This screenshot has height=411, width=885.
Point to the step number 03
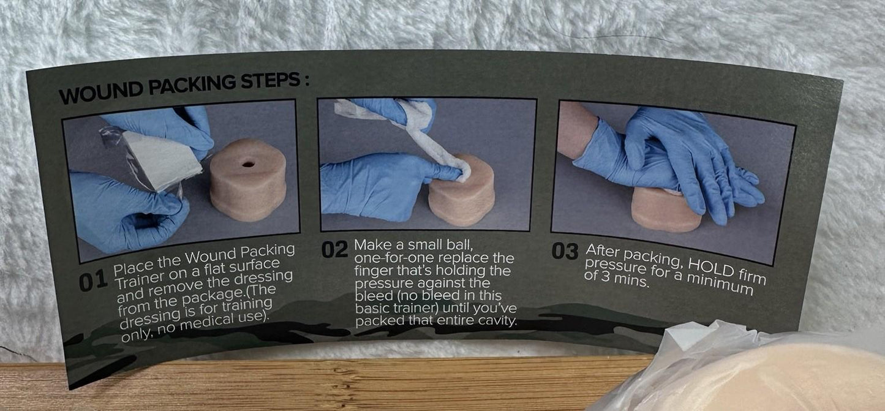(565, 251)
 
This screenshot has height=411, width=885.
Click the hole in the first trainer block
(248, 164)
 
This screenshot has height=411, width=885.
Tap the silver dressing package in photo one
(160, 157)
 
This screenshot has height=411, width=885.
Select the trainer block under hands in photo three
(666, 210)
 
